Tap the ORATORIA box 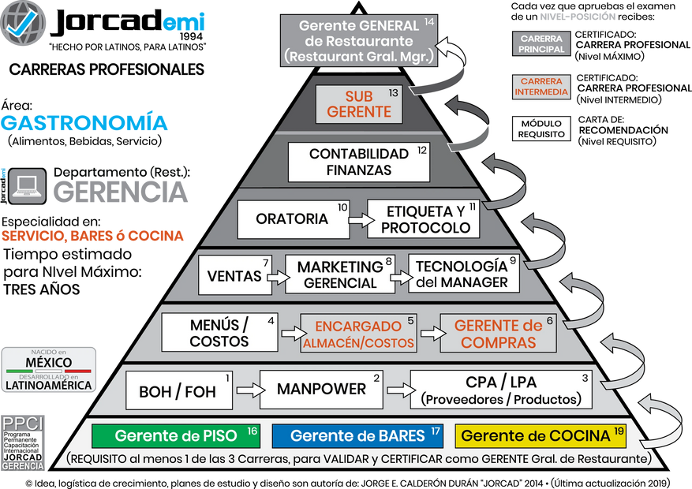[294, 218]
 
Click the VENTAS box [235, 276]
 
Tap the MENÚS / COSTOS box [220, 332]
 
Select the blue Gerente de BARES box [358, 436]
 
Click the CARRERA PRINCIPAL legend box [542, 44]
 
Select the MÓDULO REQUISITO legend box [541, 129]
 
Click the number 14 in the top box [429, 21]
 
